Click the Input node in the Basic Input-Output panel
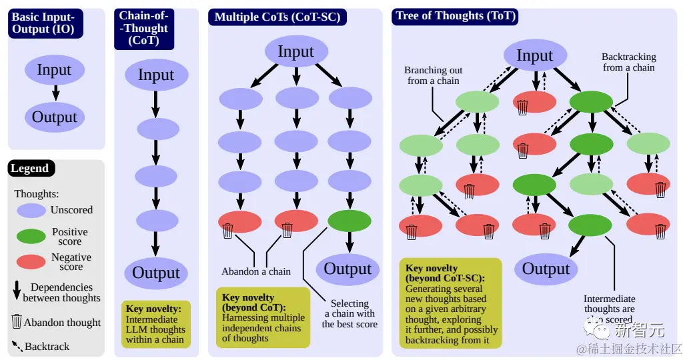click(54, 70)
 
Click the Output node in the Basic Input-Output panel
click(55, 117)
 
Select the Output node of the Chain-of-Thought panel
click(156, 273)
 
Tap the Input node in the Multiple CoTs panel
click(295, 52)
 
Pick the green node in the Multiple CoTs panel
click(350, 221)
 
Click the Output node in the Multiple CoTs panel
click(348, 269)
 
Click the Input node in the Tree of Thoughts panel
click(535, 56)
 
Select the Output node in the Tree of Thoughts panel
click(546, 269)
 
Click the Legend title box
click(30, 169)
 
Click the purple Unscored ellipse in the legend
click(31, 211)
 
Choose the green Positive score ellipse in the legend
click(31, 236)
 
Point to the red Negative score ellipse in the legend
click(31, 261)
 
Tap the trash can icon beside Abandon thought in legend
click(17, 322)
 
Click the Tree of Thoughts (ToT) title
click(456, 17)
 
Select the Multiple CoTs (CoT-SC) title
click(277, 17)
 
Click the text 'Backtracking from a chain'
click(629, 62)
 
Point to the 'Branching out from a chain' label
click(434, 75)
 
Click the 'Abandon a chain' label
click(256, 271)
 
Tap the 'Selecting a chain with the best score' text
click(350, 313)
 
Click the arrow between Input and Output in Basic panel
click(55, 93)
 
